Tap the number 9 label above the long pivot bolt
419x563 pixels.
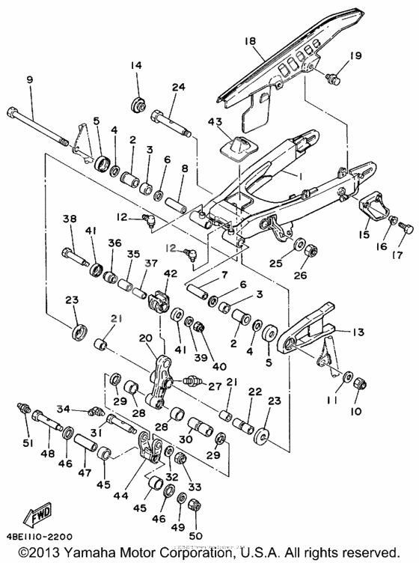(x=29, y=79)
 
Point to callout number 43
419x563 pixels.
(x=215, y=121)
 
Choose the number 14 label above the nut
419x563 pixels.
(x=136, y=66)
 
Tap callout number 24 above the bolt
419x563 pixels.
(x=177, y=87)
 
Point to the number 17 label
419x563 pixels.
(x=397, y=255)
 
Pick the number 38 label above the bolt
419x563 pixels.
(x=70, y=219)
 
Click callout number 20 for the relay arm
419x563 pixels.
(x=144, y=338)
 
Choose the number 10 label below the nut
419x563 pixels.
(x=355, y=412)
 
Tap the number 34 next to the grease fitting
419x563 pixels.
(x=64, y=409)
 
